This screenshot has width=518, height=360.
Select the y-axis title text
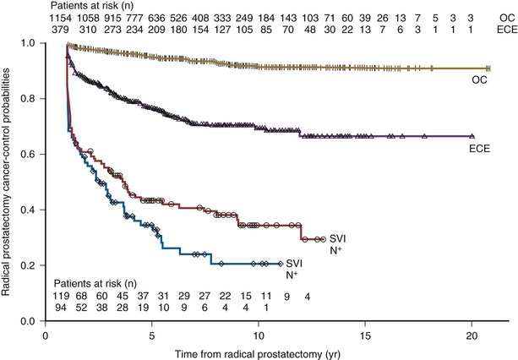point(8,169)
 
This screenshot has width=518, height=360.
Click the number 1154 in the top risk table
point(57,17)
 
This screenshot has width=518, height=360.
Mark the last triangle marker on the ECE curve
point(472,136)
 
